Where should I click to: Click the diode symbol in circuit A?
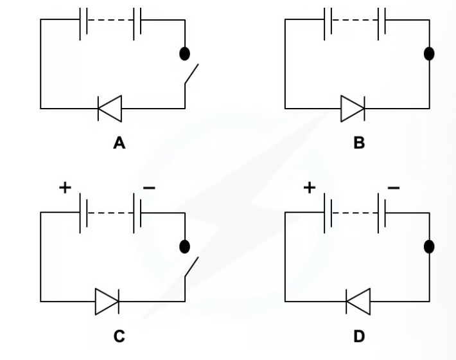click(109, 109)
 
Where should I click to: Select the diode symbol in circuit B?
click(353, 109)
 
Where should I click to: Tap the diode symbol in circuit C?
click(107, 301)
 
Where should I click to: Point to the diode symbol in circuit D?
click(358, 301)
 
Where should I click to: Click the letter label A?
click(119, 143)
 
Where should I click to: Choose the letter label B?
click(359, 143)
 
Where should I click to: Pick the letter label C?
click(119, 336)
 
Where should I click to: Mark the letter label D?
click(359, 336)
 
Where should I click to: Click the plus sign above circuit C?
click(65, 187)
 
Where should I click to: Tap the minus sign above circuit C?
click(148, 188)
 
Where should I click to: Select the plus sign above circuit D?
click(310, 187)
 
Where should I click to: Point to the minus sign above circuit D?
click(393, 188)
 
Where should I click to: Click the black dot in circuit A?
click(185, 53)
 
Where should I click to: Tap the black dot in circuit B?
click(429, 53)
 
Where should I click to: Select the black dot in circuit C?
click(185, 246)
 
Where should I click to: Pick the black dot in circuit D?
click(429, 246)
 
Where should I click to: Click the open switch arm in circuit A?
click(191, 75)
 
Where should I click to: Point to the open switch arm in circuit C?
click(191, 267)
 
